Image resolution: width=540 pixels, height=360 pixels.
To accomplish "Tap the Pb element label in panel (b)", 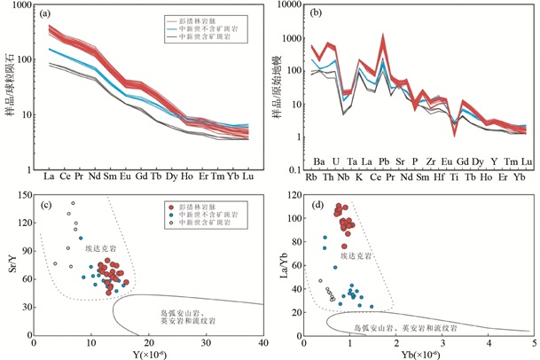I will click(x=383, y=161).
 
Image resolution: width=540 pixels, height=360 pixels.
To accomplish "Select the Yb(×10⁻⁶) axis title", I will click(x=417, y=354).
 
